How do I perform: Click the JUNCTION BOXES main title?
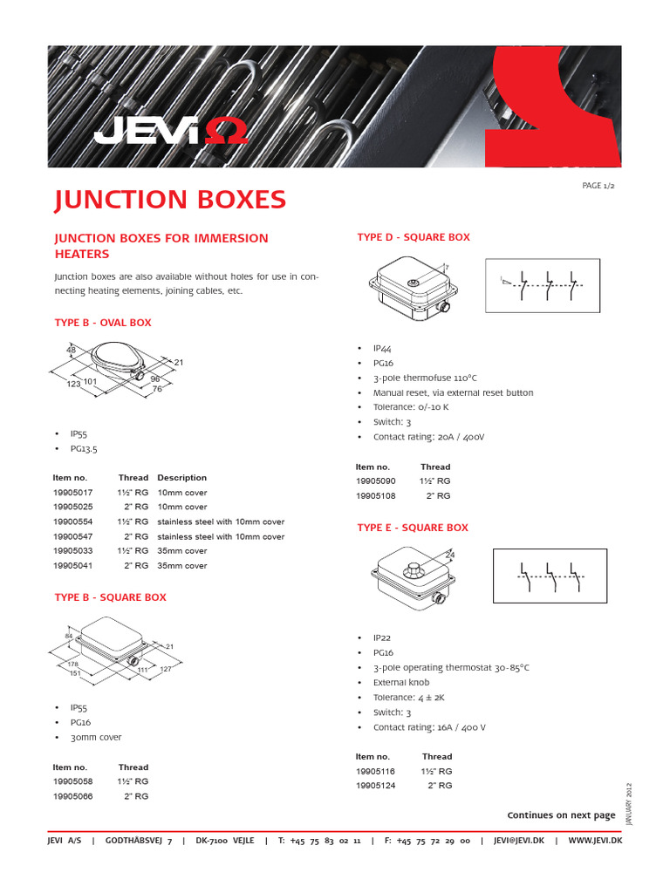tap(170, 200)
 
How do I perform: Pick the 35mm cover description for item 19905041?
tap(182, 566)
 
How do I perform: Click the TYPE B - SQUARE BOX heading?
tap(110, 597)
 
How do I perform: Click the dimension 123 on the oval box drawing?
tap(72, 384)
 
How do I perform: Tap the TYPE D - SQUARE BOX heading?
tap(414, 237)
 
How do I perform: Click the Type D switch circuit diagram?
tap(541, 284)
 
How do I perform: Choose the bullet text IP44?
tap(382, 348)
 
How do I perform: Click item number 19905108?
tap(376, 495)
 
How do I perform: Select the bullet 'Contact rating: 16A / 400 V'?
tap(429, 727)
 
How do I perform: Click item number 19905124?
tap(376, 786)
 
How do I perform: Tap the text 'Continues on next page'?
tap(561, 815)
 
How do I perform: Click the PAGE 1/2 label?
tap(598, 187)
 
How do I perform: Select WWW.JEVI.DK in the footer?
tap(595, 841)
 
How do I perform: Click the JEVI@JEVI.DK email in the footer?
tap(518, 841)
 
